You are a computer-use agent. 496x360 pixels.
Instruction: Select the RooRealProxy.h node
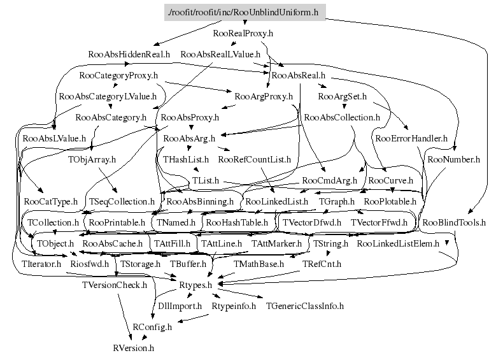point(243,33)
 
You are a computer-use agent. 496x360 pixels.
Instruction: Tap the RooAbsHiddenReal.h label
point(129,54)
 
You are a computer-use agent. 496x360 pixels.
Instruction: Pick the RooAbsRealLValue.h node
point(220,54)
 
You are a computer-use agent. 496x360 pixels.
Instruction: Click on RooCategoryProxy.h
point(118,76)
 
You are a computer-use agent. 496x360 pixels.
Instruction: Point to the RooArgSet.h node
point(342,97)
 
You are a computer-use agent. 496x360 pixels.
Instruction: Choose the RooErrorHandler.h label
point(411,138)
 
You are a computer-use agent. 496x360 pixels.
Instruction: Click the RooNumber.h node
point(453,159)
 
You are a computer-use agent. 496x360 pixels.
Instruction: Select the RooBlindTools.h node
point(454,222)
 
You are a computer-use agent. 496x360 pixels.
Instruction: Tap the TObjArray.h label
point(92,159)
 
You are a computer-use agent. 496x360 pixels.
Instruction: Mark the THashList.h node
point(186,159)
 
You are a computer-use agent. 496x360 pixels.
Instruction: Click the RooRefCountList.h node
point(254,159)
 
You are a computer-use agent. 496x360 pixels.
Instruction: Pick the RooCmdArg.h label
point(329,180)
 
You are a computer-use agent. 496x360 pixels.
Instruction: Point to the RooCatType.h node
point(50,201)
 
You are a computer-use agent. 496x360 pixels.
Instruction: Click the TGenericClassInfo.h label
point(304,306)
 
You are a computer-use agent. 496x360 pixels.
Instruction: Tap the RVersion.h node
point(133,348)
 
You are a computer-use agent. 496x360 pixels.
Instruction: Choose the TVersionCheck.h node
point(115,285)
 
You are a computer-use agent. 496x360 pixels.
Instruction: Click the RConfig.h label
point(152,327)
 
